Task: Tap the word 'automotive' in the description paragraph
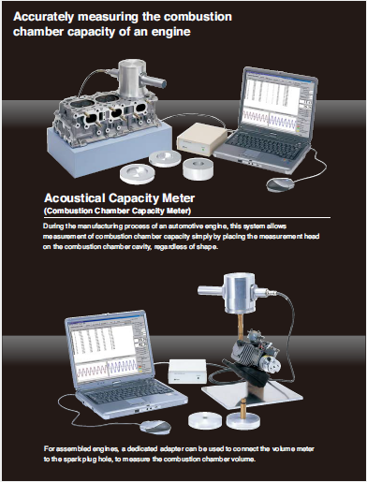pyautogui.click(x=213, y=227)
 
